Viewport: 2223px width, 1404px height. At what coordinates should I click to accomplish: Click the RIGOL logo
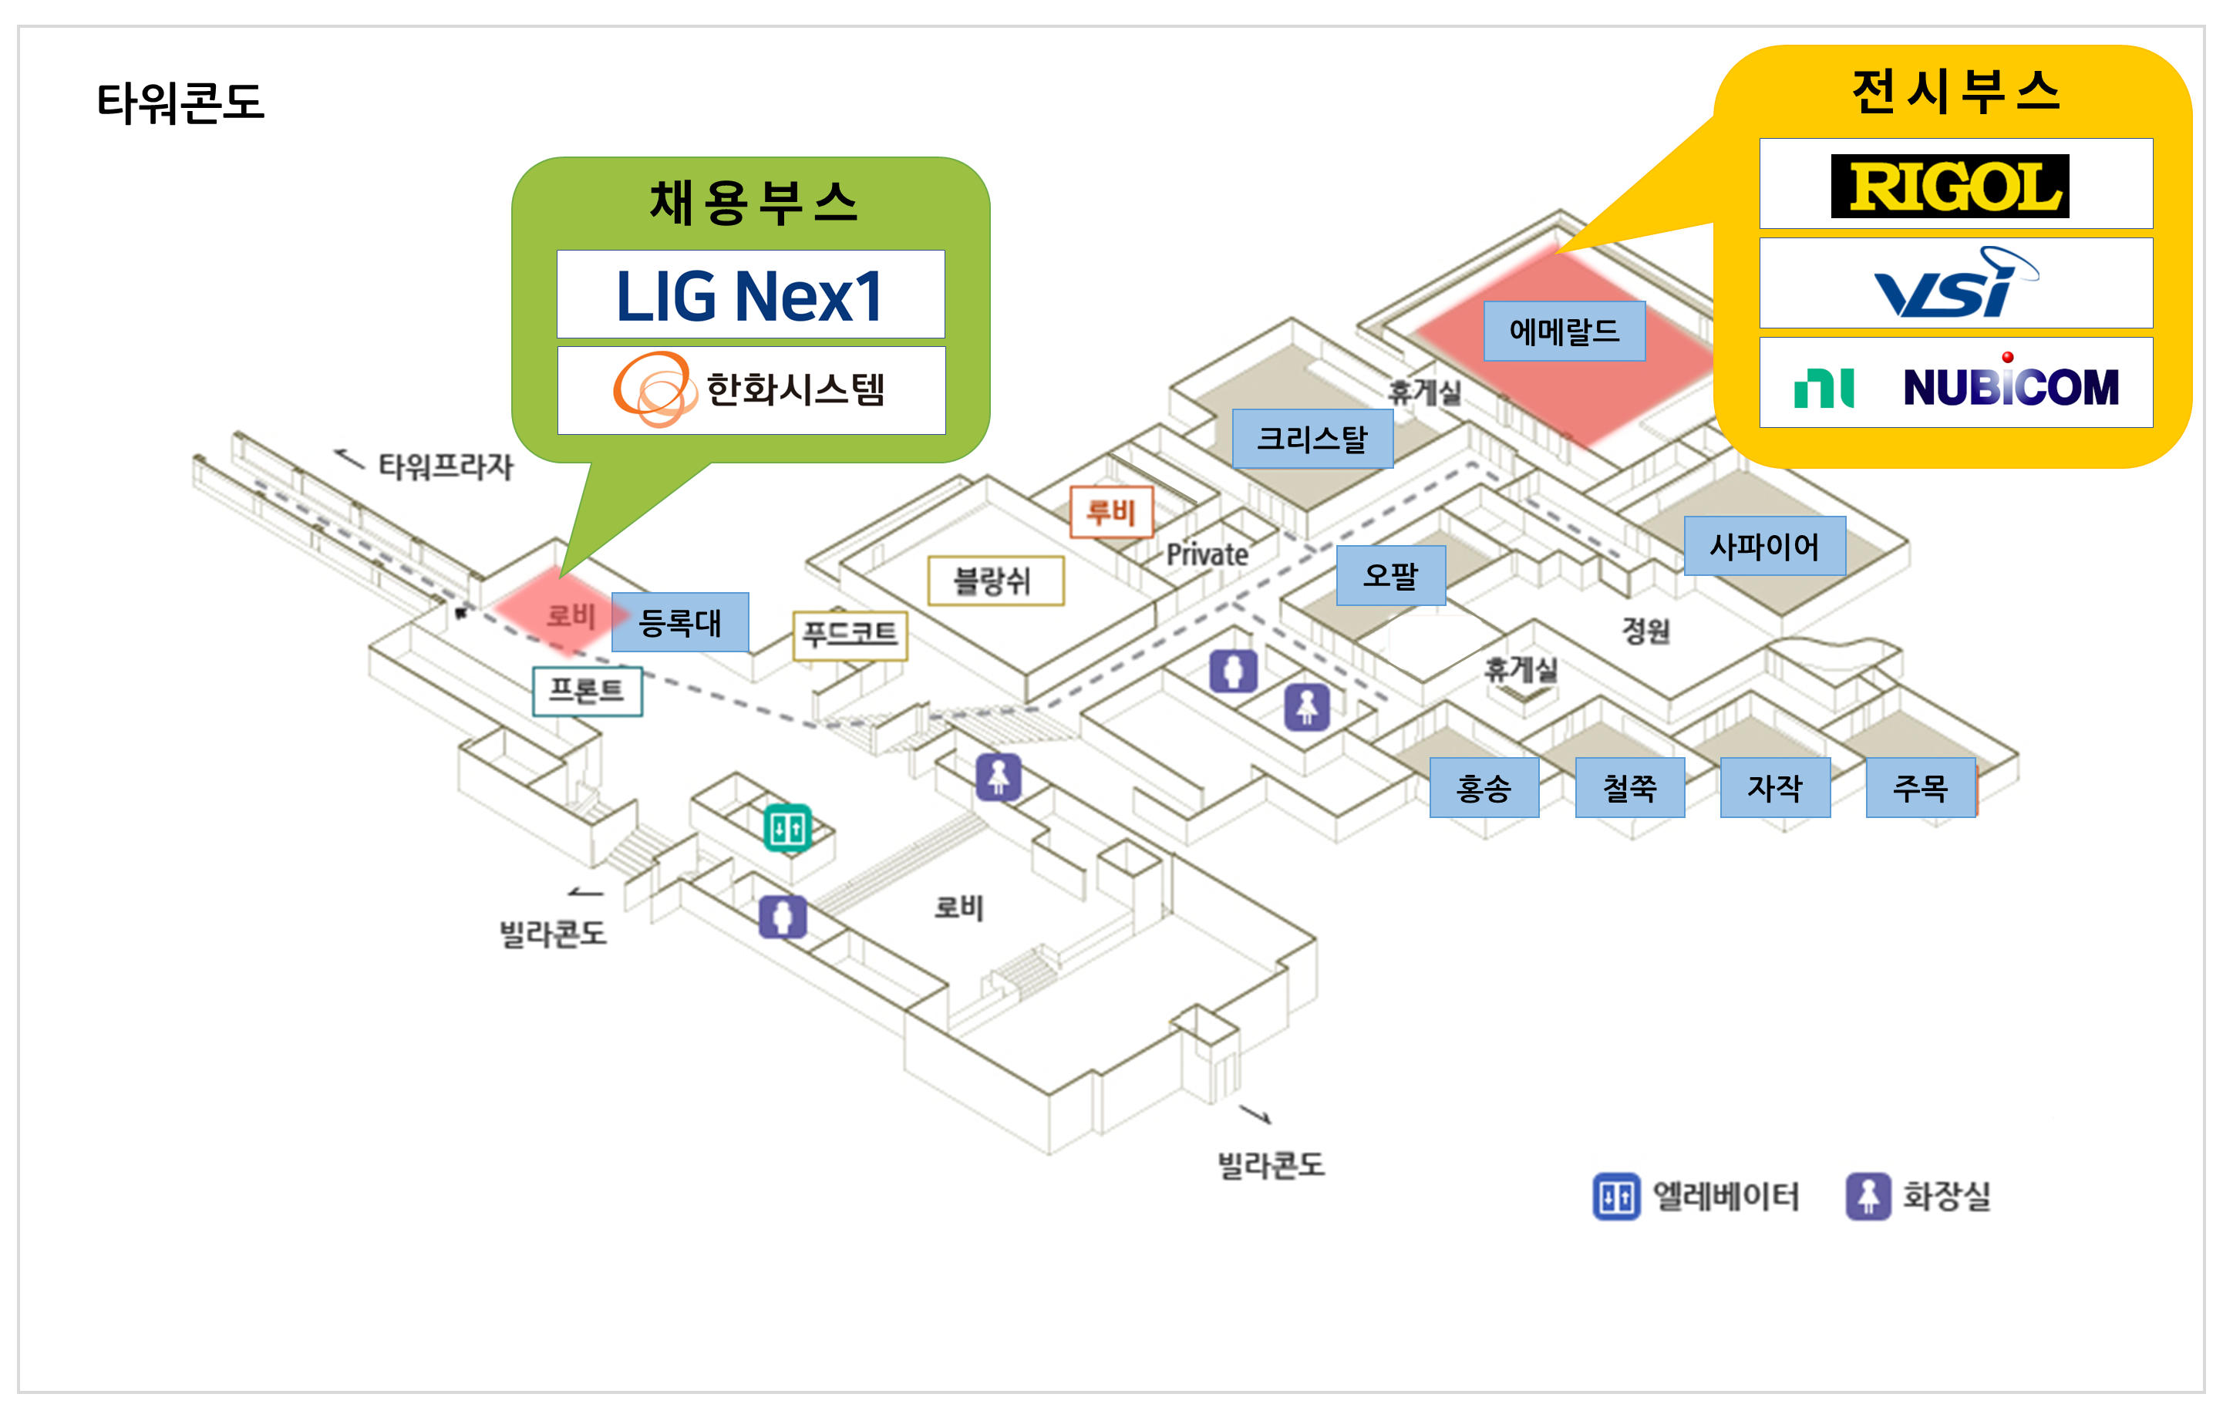pos(1950,186)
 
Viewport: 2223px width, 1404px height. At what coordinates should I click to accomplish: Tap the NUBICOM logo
pos(1955,384)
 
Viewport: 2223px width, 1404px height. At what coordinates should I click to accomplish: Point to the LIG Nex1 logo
pos(749,295)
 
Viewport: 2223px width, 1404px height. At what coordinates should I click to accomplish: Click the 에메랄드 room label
pos(1564,332)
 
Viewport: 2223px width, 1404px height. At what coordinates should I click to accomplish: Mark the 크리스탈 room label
pos(1312,439)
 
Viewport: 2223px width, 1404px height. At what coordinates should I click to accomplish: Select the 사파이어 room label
pos(1764,547)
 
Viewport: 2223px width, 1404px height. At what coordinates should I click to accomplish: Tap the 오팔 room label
pos(1390,576)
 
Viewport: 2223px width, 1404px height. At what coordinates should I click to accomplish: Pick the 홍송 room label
pos(1484,788)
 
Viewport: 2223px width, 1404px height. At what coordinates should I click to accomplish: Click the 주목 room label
pos(1920,788)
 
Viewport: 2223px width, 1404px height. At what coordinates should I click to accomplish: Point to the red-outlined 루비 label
pos(1110,512)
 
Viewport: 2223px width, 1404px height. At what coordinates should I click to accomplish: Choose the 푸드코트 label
pos(849,635)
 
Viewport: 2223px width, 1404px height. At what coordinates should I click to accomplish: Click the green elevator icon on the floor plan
pos(787,828)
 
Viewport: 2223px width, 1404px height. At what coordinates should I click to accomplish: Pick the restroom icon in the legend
pos(1868,1197)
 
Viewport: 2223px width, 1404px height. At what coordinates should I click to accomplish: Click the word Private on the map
pos(1207,555)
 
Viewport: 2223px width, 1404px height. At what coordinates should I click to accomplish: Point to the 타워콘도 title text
pos(181,103)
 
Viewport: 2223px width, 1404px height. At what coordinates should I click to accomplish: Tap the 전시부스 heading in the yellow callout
pos(1955,93)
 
